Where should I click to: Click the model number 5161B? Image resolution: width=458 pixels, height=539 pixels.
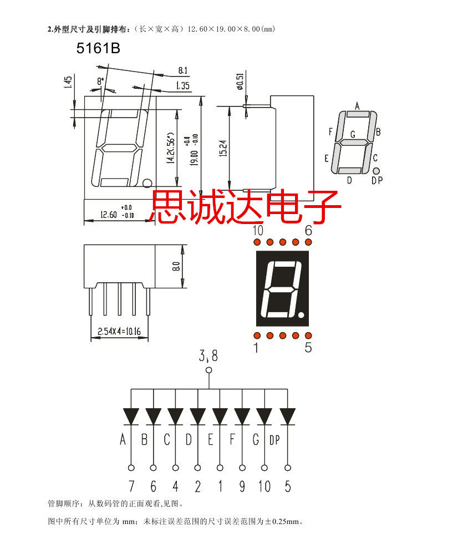tap(98, 49)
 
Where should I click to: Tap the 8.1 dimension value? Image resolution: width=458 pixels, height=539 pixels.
tap(183, 70)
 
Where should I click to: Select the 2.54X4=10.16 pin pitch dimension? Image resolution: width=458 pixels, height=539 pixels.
tap(119, 332)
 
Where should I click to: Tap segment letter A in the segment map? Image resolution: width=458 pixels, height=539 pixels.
tap(357, 105)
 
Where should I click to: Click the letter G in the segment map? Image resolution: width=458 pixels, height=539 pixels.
tap(353, 135)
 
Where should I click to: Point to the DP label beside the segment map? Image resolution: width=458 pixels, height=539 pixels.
tap(377, 180)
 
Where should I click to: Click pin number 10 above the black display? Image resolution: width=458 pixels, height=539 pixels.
tap(257, 231)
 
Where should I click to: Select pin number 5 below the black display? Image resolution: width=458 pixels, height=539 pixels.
tap(308, 348)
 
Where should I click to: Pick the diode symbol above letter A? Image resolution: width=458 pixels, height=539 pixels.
tap(131, 415)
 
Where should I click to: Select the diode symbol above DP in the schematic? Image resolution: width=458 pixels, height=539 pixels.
tap(287, 415)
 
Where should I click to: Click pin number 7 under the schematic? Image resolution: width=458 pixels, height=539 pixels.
tap(131, 487)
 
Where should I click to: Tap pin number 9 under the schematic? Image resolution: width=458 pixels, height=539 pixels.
tap(242, 487)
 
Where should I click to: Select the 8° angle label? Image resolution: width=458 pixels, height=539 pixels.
tap(100, 82)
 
